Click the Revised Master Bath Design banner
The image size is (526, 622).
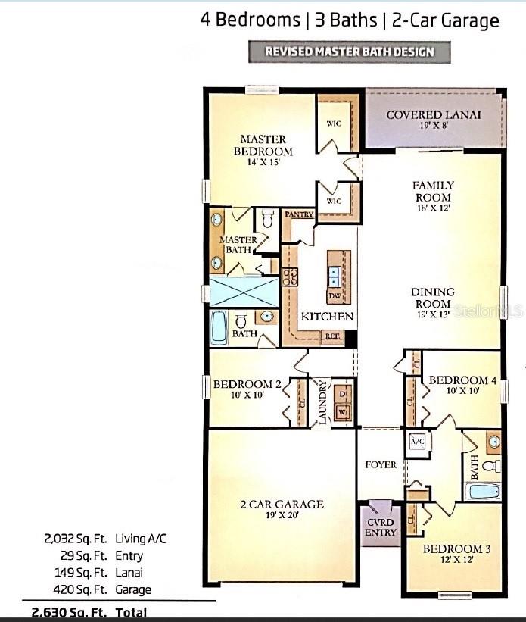pos(349,52)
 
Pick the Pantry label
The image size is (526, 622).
pos(299,215)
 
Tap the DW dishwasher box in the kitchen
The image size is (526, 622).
pos(334,296)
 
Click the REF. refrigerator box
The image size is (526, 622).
pos(332,337)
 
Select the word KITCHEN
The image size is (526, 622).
pos(327,317)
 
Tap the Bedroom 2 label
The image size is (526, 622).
pos(247,390)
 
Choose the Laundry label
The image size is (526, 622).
pos(322,403)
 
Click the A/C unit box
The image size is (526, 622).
pos(417,441)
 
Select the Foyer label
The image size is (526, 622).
pos(381,464)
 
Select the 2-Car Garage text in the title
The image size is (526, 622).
pos(445,20)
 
